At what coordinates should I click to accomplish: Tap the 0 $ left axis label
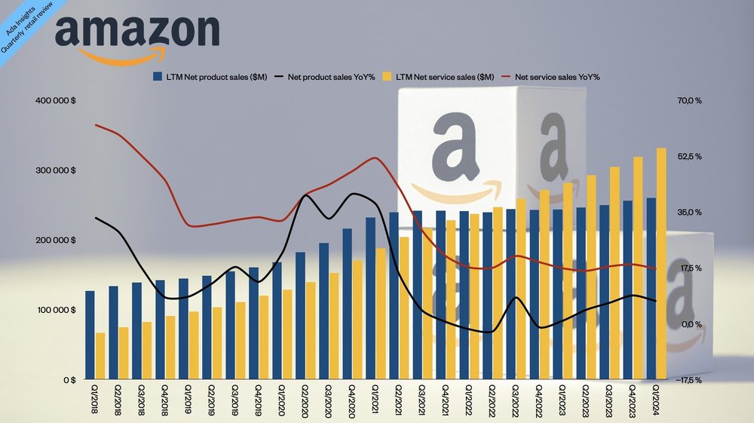tap(68, 380)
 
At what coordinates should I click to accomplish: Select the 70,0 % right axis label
tap(688, 100)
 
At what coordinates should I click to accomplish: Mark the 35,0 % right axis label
tap(688, 213)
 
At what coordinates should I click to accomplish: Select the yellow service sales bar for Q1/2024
tap(661, 263)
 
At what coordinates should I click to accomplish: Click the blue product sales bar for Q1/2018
tap(90, 335)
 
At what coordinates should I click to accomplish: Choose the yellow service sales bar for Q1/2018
tap(100, 356)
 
